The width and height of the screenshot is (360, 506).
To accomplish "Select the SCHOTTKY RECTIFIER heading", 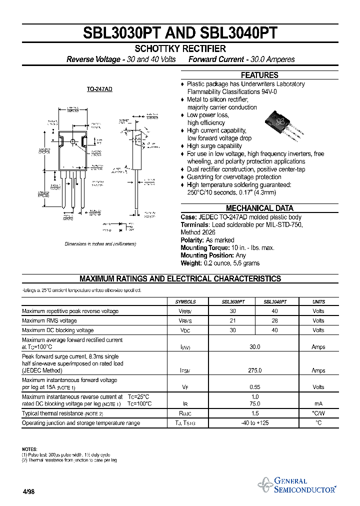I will [180, 48].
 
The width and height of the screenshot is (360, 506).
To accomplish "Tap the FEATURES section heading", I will [259, 75].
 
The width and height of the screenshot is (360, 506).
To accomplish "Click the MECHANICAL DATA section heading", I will [259, 208].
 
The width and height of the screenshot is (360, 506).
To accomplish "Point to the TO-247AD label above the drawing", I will [99, 89].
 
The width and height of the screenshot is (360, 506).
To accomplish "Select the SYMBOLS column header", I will [185, 302].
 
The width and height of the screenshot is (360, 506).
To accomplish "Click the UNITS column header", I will [318, 302].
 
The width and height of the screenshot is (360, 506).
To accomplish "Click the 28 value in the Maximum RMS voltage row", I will [274, 320].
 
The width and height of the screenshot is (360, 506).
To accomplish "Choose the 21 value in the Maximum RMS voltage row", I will [232, 320].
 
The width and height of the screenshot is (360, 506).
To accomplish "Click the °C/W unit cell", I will [318, 413].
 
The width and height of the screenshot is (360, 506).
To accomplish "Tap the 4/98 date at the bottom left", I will [28, 492].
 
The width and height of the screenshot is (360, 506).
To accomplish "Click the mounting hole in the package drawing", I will [72, 142].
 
